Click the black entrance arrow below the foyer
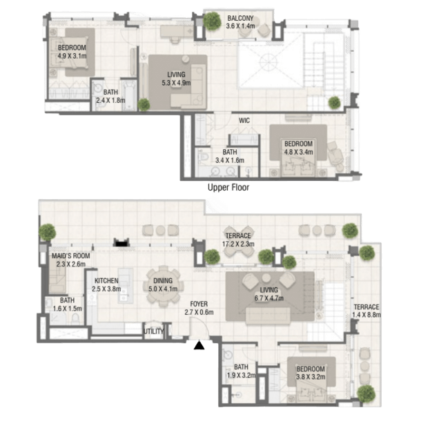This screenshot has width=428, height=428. tap(200, 345)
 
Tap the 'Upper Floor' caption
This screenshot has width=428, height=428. tap(228, 188)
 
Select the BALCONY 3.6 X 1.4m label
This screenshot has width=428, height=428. tap(240, 22)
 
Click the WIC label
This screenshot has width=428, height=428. tap(244, 121)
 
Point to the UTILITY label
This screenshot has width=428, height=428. tap(154, 331)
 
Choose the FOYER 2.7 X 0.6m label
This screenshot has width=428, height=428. tap(199, 308)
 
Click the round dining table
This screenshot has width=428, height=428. tap(163, 286)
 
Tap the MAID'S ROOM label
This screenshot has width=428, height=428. tap(71, 256)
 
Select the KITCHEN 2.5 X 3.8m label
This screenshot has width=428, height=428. tap(106, 284)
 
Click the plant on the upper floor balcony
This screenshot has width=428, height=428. tap(212, 21)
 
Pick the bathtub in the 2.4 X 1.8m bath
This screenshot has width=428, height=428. tap(129, 95)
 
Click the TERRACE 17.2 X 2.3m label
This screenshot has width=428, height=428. tap(238, 240)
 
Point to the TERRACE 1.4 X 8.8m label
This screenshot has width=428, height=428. tap(367, 311)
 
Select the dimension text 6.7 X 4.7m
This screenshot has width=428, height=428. tap(269, 298)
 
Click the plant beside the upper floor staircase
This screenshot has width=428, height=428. tap(334, 102)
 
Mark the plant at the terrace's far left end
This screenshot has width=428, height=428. tap(47, 232)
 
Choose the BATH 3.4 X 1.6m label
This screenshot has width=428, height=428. tap(230, 156)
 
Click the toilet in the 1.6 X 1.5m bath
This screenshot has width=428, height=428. tap(75, 319)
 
